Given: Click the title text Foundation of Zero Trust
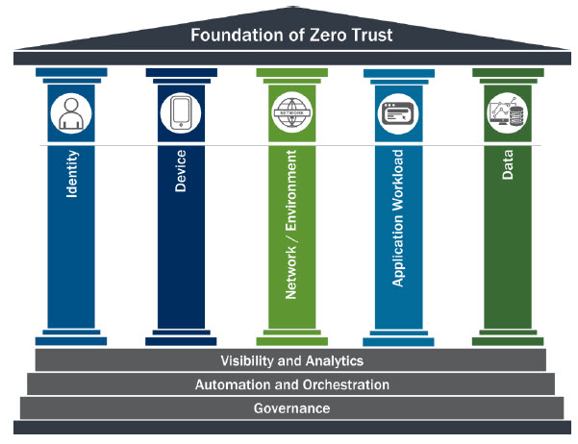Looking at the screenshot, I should pos(290,37).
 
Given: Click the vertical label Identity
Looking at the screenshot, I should pos(72,174).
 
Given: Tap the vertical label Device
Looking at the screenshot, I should pos(181,170).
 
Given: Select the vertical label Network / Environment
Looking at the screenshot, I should pos(291,223).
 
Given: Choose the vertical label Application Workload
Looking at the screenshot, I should pos(397,217).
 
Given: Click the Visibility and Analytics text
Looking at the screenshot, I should pos(291,361).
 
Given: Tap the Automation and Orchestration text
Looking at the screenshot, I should pos(291,384).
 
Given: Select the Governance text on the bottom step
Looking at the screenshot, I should pos(291,408).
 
